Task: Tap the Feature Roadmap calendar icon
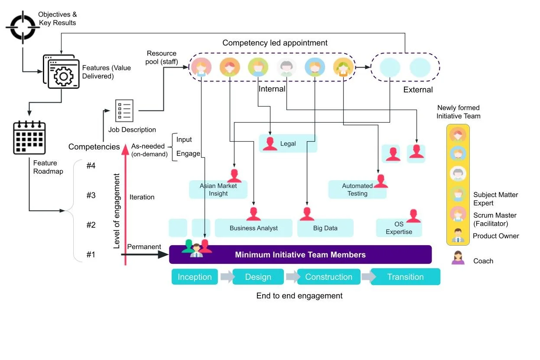(x=30, y=137)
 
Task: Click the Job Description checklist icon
(x=124, y=111)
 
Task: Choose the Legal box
(x=288, y=143)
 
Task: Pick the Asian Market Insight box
(x=218, y=190)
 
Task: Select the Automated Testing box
(x=357, y=190)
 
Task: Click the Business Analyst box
(x=254, y=228)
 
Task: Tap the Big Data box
(x=325, y=228)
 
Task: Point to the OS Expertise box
(x=399, y=228)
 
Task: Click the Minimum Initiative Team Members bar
(x=300, y=255)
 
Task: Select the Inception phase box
(x=195, y=277)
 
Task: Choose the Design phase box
(x=258, y=277)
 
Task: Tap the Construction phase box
(x=329, y=277)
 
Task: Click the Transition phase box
(x=405, y=277)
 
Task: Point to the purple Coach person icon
(x=458, y=259)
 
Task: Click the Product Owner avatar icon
(x=458, y=236)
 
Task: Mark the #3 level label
(x=91, y=195)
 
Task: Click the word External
(x=418, y=90)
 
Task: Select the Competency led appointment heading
(x=275, y=43)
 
